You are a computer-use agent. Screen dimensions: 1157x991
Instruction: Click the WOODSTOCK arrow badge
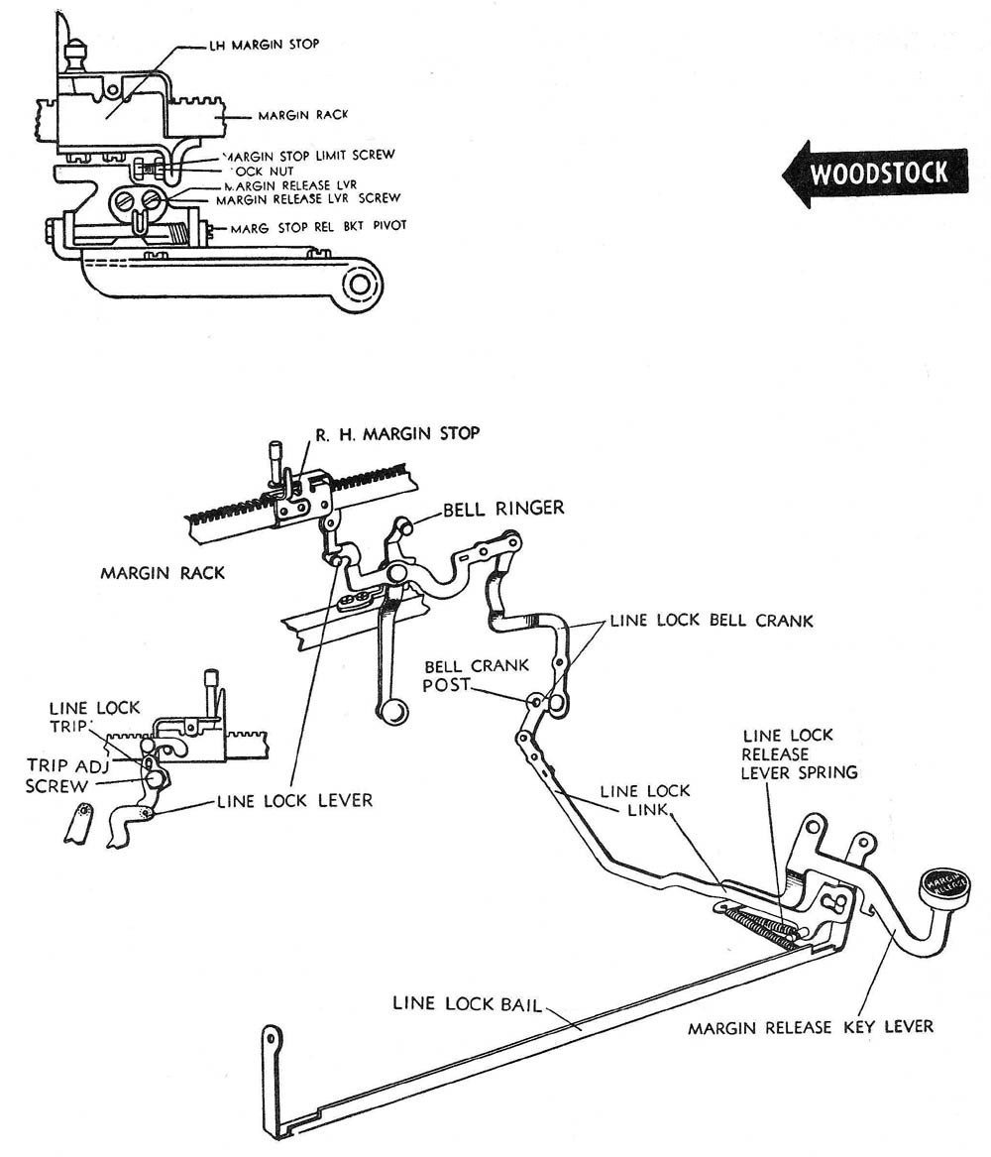coord(876,174)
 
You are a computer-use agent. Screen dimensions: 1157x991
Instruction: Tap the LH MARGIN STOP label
coord(265,45)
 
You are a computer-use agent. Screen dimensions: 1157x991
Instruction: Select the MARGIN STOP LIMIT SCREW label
coord(309,155)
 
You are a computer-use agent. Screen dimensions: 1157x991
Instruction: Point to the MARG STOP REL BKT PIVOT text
coord(318,226)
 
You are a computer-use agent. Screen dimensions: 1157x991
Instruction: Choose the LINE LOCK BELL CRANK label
coord(711,621)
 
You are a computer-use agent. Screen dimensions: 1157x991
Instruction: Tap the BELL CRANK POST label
coord(476,675)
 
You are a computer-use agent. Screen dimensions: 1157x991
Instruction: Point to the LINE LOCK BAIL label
coord(467,1003)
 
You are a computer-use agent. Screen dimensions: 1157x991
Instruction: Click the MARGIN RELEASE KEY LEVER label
coord(810,1027)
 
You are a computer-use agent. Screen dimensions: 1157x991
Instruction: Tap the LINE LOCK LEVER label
coord(294,799)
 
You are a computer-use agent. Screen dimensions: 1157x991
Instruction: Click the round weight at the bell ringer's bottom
coord(392,711)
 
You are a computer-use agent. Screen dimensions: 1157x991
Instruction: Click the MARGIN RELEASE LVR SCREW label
coord(308,198)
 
